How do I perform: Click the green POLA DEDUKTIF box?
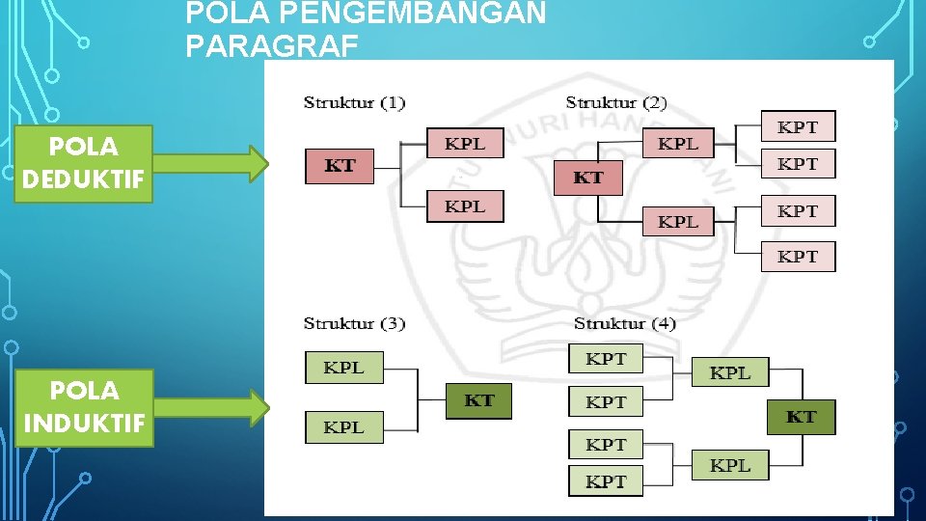tap(84, 163)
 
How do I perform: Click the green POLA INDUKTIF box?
tap(84, 407)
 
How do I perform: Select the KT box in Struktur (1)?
tap(340, 166)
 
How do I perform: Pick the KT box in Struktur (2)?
tap(588, 178)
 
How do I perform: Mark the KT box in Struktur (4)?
tap(801, 417)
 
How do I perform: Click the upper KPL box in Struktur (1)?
tap(465, 144)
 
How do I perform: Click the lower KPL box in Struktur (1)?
tap(465, 206)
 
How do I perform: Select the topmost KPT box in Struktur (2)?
tap(798, 126)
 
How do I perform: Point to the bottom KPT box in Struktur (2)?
tap(798, 257)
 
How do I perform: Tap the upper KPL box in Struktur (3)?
tap(343, 368)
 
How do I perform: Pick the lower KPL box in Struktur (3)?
tap(343, 426)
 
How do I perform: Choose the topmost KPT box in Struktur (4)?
tap(606, 359)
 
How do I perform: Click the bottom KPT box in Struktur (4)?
tap(606, 481)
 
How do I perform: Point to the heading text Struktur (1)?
tap(354, 102)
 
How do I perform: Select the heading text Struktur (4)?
tap(624, 323)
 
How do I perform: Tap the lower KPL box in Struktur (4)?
tap(730, 465)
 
